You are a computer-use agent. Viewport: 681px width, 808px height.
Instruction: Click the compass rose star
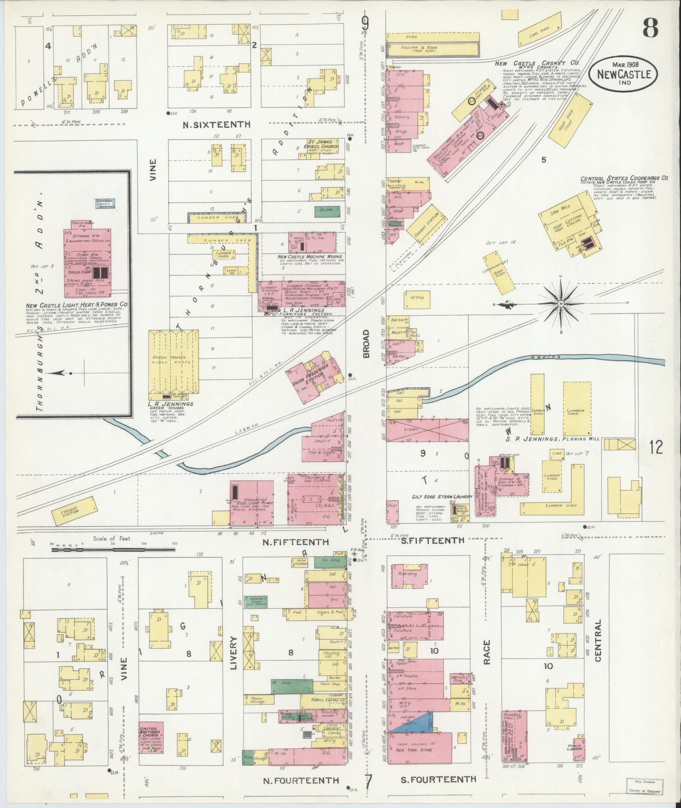point(561,304)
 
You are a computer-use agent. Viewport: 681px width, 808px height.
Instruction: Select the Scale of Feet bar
point(112,550)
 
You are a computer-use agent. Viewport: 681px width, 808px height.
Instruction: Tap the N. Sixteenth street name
point(216,125)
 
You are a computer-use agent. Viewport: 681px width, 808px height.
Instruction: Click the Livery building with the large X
point(427,430)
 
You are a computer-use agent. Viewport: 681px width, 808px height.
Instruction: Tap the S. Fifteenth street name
point(432,540)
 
